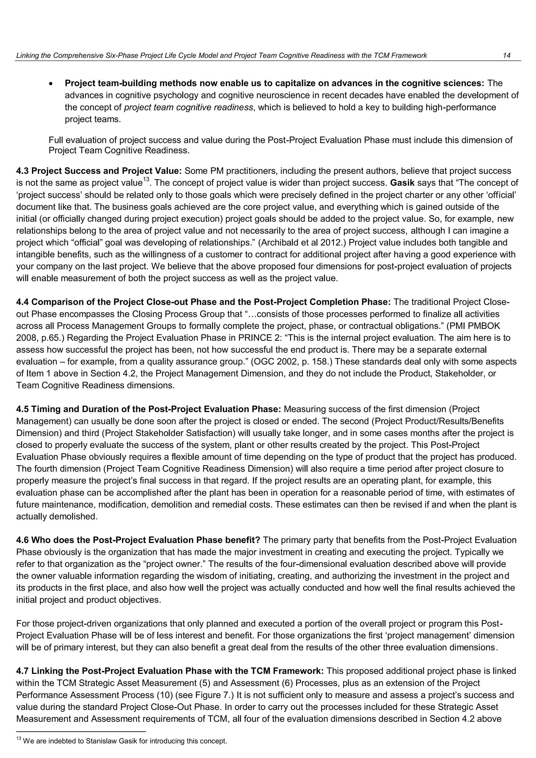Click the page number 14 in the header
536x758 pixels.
pos(507,55)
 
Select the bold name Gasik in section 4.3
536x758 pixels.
pos(402,183)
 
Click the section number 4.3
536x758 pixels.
pos(23,171)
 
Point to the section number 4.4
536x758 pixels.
pos(23,302)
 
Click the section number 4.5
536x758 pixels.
pos(23,409)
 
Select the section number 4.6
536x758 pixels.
pos(23,540)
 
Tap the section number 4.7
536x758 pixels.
pos(23,671)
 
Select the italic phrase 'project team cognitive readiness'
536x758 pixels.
pos(188,108)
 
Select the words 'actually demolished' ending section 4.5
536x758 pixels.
pos(57,516)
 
